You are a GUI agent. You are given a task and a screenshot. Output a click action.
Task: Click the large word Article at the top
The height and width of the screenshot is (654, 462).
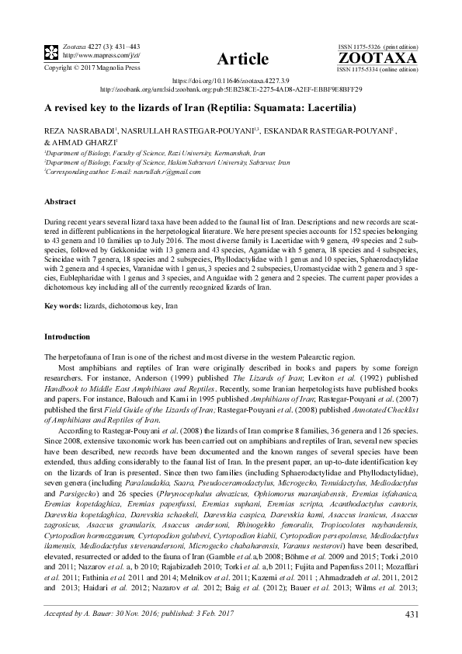[231, 59]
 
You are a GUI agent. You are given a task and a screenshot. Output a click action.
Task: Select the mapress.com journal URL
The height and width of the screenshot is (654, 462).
[89, 55]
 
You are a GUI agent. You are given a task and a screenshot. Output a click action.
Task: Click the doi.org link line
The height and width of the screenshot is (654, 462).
[231, 81]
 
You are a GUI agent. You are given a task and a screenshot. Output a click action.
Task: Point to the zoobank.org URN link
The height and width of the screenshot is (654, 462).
[231, 89]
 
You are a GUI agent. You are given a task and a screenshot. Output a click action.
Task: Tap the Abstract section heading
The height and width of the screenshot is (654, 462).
[58, 200]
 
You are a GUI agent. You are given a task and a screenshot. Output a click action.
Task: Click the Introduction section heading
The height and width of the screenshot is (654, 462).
[66, 337]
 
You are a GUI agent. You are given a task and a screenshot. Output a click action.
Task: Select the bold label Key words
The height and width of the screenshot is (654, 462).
[61, 307]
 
